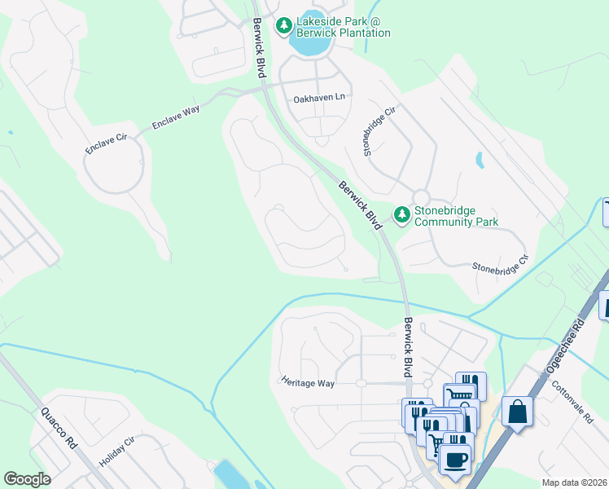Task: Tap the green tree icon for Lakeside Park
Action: coord(284,27)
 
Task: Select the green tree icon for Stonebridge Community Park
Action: coord(401,215)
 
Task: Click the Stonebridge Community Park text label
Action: coord(456,216)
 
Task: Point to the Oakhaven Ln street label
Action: coord(320,99)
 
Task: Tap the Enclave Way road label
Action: coord(176,118)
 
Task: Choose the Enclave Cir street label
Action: coord(107,144)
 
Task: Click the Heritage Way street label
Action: coord(308,381)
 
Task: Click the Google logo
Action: coord(27,479)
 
